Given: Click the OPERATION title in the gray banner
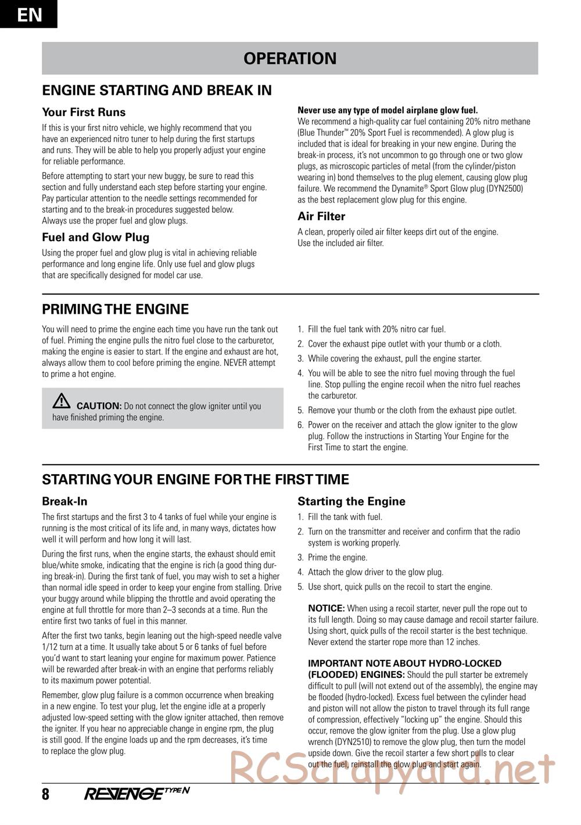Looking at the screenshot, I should tap(290, 59).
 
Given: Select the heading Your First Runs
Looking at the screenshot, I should tap(84, 112).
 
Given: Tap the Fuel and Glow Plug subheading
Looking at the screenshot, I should tap(95, 237).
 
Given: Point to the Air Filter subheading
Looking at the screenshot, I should tap(321, 216).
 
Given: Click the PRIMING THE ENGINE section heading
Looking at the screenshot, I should tap(116, 309).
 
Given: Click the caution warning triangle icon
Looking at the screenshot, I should tap(61, 401).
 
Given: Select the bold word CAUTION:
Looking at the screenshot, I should tap(99, 406).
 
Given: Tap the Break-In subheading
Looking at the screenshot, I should tap(64, 501).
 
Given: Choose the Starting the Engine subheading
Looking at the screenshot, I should tap(352, 501).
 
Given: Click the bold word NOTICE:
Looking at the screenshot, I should tap(327, 608).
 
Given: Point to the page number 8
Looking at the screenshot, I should tap(46, 794).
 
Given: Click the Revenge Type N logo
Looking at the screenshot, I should tap(137, 794).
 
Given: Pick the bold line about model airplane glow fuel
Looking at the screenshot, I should tap(388, 110).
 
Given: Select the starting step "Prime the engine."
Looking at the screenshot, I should tap(338, 558).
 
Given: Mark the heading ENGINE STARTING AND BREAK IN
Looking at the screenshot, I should tap(157, 91).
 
